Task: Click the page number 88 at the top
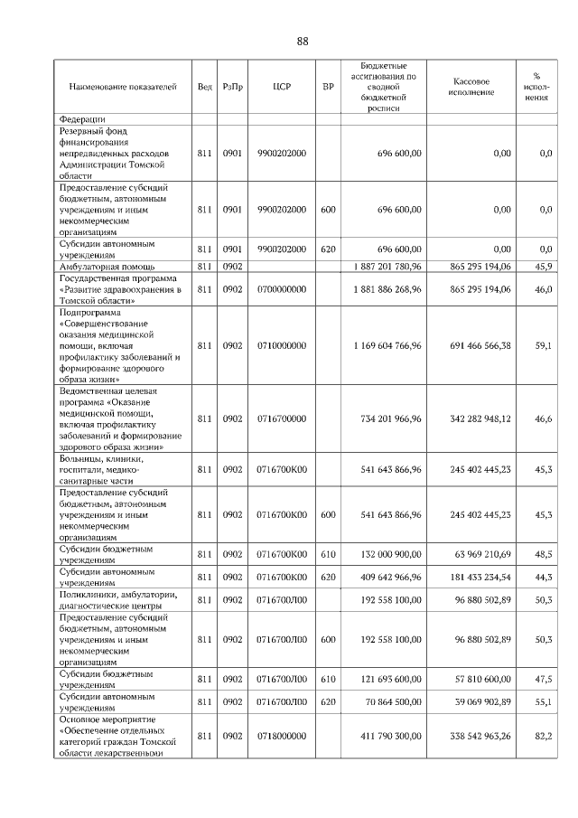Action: pyautogui.click(x=303, y=42)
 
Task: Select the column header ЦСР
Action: pyautogui.click(x=280, y=88)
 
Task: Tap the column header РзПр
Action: pyautogui.click(x=233, y=88)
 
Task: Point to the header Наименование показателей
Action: pyautogui.click(x=123, y=88)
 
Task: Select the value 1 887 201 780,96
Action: pyautogui.click(x=385, y=267)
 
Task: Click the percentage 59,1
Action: pyautogui.click(x=544, y=345)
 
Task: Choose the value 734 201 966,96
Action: pyautogui.click(x=385, y=419)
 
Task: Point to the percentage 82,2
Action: pyautogui.click(x=544, y=737)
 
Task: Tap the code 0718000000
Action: pyautogui.click(x=282, y=737)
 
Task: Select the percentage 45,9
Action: pyautogui.click(x=544, y=267)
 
